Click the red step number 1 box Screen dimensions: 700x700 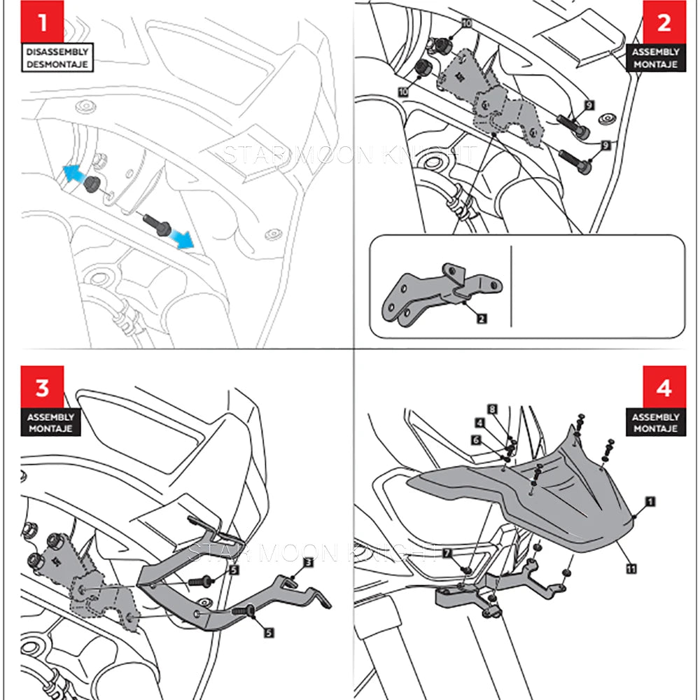coord(43,22)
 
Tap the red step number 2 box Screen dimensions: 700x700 coord(664,22)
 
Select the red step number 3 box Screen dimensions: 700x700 coord(43,387)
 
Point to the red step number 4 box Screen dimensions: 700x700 coord(664,387)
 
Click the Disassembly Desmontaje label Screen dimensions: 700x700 coord(58,58)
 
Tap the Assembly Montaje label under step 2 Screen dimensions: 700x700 coord(655,58)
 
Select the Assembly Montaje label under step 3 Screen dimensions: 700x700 coord(50,423)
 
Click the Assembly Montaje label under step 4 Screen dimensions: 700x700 coord(655,423)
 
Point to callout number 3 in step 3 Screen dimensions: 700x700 coord(308,562)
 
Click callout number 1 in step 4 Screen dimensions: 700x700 coord(650,502)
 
